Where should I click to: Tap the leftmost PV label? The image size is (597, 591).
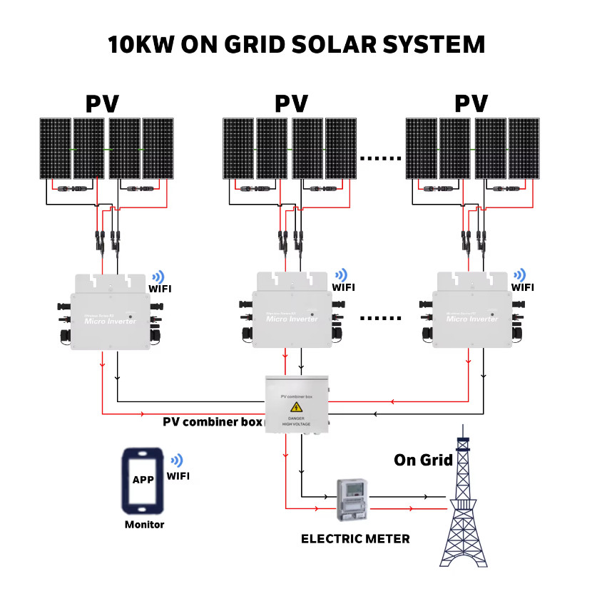coord(103,104)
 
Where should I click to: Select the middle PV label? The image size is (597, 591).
coord(291,104)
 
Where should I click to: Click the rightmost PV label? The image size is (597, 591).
coord(472,104)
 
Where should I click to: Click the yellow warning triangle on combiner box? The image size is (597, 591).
coord(296,407)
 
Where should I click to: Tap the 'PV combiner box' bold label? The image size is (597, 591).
coord(213,421)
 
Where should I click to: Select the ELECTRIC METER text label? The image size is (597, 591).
coord(355,539)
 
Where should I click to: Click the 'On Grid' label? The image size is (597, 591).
coord(423,461)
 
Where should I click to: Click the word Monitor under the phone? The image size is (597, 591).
coord(144,525)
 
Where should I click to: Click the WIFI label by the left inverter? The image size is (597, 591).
coord(160,289)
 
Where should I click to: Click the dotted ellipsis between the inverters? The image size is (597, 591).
coord(379,317)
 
